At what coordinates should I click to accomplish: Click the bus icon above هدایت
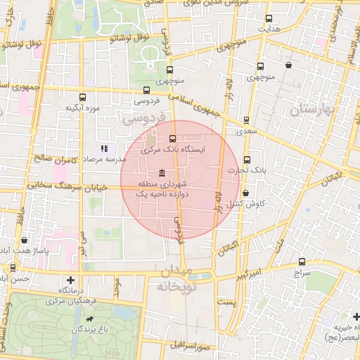tap(268, 19)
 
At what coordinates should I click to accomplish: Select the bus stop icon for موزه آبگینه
tap(83, 98)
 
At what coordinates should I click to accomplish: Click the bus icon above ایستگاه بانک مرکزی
tap(173, 138)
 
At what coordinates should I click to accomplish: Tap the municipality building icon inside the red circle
tap(162, 174)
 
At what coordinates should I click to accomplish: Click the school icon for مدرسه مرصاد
tap(104, 148)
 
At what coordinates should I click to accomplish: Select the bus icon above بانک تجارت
tap(247, 160)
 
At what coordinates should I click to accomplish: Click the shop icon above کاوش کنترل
tap(245, 193)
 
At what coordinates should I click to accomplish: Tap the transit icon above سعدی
tap(245, 120)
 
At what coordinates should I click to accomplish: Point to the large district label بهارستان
tap(310, 109)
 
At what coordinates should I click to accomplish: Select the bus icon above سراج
tap(303, 259)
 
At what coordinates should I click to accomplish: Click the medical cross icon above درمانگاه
tap(70, 280)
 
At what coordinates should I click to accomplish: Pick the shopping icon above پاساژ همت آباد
tap(25, 240)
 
